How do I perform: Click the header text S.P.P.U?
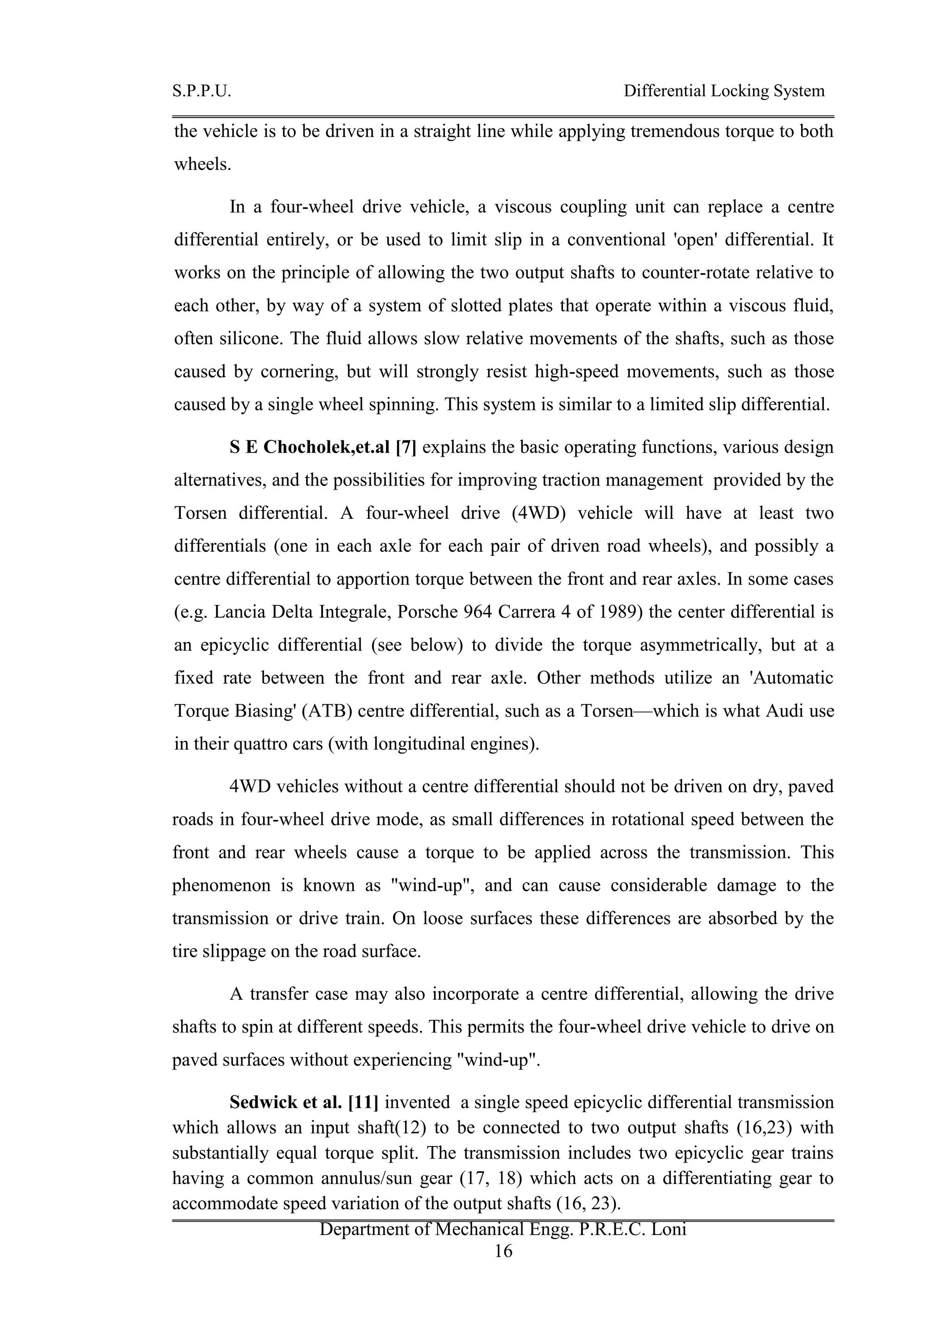[x=202, y=91]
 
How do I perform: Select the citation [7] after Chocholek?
[x=406, y=447]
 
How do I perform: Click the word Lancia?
[x=235, y=612]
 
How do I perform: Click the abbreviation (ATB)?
[x=323, y=711]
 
